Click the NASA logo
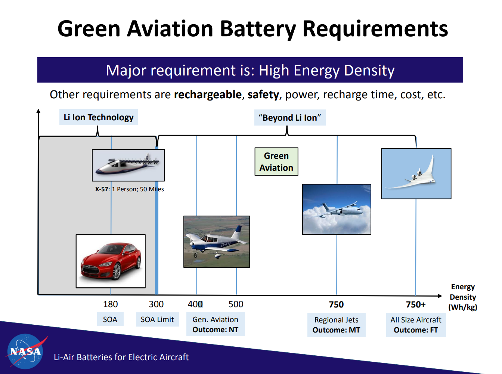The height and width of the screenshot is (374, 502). (25, 351)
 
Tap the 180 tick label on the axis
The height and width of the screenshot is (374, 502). (111, 304)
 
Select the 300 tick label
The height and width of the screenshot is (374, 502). (156, 304)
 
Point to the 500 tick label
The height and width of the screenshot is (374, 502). (236, 304)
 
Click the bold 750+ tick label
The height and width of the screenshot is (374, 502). (416, 305)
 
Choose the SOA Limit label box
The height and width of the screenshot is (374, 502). (157, 319)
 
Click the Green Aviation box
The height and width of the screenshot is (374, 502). (276, 162)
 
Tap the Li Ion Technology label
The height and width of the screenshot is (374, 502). (99, 117)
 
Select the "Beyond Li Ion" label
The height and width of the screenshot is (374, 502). (290, 118)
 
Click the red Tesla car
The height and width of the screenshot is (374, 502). (111, 261)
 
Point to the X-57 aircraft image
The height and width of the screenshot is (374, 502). (128, 165)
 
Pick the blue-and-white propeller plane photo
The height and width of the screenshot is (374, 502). (217, 242)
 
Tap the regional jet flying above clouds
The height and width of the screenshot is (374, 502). (337, 209)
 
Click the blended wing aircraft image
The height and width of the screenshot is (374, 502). (416, 174)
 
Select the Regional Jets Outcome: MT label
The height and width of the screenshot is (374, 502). (336, 325)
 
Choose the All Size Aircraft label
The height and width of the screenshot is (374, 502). (416, 325)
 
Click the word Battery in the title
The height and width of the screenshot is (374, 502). (258, 29)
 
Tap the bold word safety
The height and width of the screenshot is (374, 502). (263, 95)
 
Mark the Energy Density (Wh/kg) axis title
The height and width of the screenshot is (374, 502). (463, 297)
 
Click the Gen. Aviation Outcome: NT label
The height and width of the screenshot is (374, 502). (216, 324)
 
